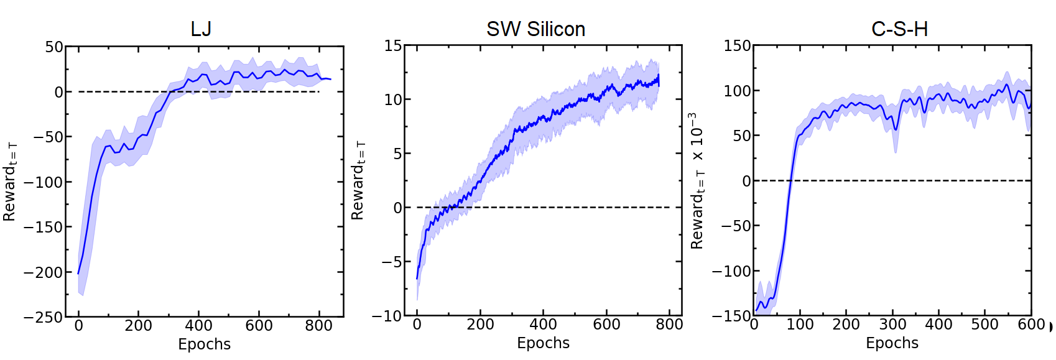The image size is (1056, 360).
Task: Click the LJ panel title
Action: point(201,29)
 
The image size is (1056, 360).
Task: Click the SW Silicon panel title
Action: point(535,29)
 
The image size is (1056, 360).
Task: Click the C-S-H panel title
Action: point(899,29)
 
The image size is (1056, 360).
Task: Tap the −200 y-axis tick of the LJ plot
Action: point(44,272)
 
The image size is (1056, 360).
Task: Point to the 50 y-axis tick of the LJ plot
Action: point(54,47)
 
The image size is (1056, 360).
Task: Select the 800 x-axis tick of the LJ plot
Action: point(318,325)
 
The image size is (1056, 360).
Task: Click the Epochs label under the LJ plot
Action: point(204,344)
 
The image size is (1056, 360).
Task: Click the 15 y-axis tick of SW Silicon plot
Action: point(393,45)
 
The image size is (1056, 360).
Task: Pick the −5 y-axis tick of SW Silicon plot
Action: point(392,262)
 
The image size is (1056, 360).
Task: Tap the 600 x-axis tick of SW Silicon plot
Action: point(606,324)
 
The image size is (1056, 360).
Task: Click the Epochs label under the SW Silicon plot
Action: point(543,343)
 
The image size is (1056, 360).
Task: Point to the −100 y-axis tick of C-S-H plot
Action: point(731,271)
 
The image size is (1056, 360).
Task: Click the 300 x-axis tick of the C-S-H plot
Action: point(892,324)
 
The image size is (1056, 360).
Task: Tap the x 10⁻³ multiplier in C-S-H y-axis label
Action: point(697,137)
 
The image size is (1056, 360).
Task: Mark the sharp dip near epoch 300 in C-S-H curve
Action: point(896,129)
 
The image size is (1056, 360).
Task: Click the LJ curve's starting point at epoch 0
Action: point(78,273)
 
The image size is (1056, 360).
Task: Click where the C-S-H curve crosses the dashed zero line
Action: point(790,181)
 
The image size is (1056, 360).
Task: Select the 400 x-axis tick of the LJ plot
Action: point(198,325)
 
